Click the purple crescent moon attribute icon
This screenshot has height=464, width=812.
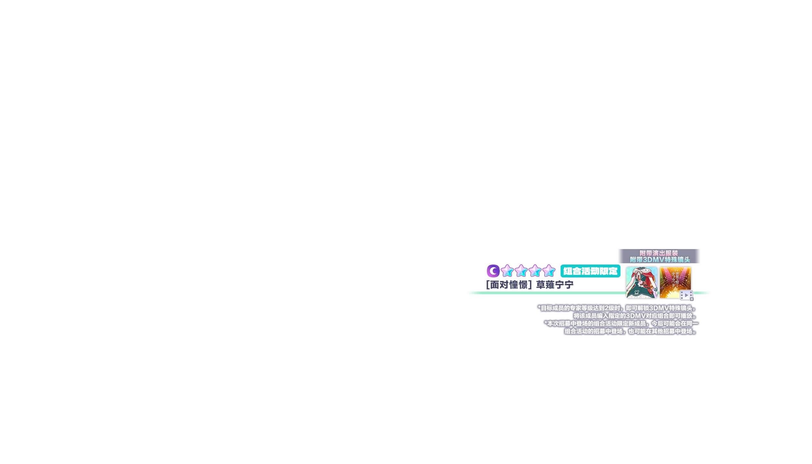(x=493, y=271)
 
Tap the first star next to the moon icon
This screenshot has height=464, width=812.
(x=507, y=271)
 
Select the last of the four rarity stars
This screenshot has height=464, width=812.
(x=549, y=271)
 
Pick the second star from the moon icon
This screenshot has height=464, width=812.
(x=521, y=271)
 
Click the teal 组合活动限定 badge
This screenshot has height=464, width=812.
(x=590, y=271)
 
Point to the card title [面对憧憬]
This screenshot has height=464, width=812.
(x=507, y=285)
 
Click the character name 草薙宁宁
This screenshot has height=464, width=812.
(x=555, y=285)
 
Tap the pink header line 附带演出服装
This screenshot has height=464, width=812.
(x=659, y=253)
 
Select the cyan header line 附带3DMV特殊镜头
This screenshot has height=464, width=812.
(x=660, y=260)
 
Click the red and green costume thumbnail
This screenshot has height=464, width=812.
(x=642, y=283)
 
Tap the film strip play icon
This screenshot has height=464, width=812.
(x=686, y=295)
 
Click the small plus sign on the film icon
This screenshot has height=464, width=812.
(x=691, y=299)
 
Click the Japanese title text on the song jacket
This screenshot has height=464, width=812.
(x=675, y=279)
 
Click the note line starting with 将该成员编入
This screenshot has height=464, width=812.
(x=635, y=316)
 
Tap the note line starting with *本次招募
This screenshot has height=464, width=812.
(x=621, y=324)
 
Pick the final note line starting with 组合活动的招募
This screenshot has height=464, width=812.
(x=631, y=331)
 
